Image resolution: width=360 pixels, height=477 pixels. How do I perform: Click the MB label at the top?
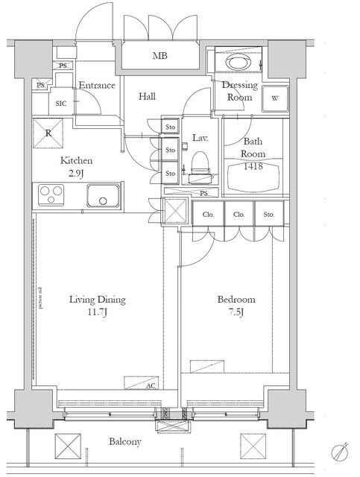(160, 56)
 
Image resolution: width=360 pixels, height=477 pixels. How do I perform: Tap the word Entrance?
(97, 85)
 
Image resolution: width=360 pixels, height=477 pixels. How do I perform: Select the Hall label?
(146, 96)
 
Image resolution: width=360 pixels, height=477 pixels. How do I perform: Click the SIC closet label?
(61, 104)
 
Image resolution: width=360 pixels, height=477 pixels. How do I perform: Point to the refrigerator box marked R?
(48, 134)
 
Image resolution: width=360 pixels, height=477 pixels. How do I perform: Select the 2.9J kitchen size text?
(76, 173)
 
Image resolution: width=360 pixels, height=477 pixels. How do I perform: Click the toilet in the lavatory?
(199, 165)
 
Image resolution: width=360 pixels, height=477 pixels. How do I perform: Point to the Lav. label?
(200, 139)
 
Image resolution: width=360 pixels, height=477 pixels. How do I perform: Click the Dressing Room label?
(240, 91)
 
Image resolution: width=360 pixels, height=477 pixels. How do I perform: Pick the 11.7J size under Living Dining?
(98, 312)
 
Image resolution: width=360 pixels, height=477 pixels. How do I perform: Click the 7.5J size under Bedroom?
(236, 312)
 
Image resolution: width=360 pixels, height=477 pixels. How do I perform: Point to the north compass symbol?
(341, 452)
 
